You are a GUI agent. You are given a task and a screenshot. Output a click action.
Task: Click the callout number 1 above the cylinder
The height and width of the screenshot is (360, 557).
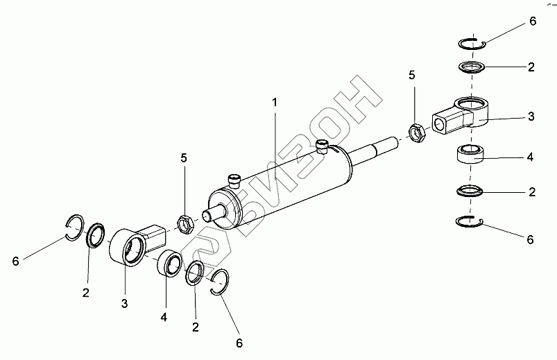pyautogui.click(x=275, y=102)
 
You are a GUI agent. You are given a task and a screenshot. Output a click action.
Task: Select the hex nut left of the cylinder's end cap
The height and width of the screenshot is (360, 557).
pyautogui.click(x=185, y=223)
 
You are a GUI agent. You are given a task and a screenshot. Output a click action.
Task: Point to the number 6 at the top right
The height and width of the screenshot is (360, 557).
pyautogui.click(x=533, y=22)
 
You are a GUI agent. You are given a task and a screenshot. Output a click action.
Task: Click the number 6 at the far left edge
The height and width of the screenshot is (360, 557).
pyautogui.click(x=15, y=261)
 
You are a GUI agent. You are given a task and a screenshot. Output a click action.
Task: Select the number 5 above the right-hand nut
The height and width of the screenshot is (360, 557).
pyautogui.click(x=412, y=75)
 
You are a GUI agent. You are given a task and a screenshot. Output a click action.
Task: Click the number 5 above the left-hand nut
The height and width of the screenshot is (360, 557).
pyautogui.click(x=184, y=159)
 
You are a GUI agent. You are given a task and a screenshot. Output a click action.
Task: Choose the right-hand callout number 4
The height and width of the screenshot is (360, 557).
pyautogui.click(x=530, y=157)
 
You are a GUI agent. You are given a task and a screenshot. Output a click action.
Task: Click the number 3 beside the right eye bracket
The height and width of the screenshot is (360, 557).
pyautogui.click(x=531, y=117)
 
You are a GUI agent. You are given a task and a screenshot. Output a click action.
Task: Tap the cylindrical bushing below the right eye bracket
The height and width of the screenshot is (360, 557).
pyautogui.click(x=472, y=155)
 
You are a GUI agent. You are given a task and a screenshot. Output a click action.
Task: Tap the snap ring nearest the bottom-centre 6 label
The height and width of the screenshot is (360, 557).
pyautogui.click(x=220, y=282)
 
